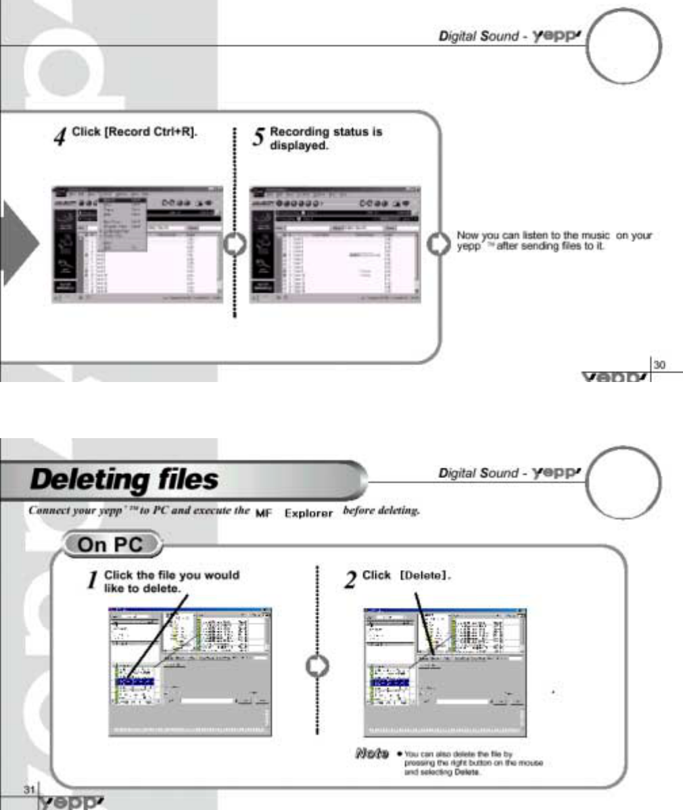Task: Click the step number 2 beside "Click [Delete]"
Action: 350,580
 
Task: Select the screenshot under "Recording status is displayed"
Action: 335,243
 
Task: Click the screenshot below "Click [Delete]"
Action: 445,671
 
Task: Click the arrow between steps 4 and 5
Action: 234,244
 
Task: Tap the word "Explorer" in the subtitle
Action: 308,513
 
